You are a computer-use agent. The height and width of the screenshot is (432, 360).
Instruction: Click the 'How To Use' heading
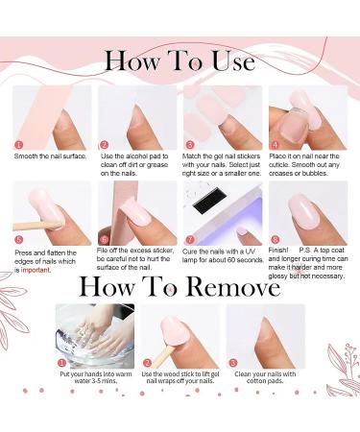point(180,61)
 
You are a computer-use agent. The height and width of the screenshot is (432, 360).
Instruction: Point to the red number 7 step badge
point(190,239)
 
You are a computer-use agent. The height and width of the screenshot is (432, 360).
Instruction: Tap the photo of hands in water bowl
point(94,335)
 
